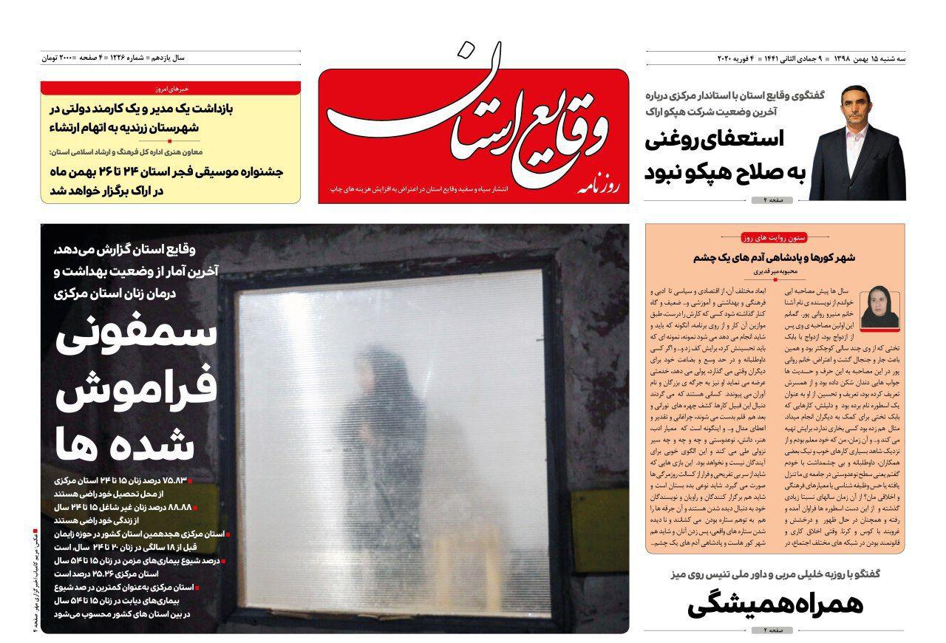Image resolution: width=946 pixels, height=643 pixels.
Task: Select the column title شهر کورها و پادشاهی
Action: [775, 258]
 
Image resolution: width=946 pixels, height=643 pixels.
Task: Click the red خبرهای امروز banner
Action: [171, 88]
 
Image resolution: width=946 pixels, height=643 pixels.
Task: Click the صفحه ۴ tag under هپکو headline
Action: [772, 200]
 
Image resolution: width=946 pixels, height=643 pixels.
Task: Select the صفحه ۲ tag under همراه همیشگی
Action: [772, 630]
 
